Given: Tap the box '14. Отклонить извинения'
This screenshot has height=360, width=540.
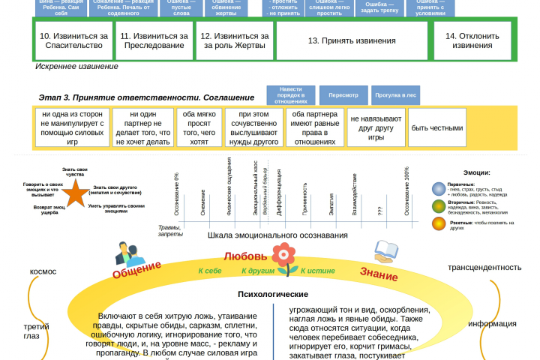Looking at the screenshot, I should pos(472,40).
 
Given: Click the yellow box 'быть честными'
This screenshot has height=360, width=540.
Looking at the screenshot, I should pos(436,127).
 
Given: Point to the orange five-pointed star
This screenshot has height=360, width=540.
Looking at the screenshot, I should pos(75,194).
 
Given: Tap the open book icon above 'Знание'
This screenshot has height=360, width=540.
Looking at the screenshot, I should pos(385,251).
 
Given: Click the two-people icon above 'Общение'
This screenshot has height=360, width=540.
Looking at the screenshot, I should pos(125,253).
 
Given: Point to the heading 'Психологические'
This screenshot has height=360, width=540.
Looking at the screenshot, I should pos(273,294).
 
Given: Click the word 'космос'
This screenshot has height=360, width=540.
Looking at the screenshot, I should pos(42,271).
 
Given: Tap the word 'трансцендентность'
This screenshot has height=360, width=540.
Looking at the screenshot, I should pos(484,267).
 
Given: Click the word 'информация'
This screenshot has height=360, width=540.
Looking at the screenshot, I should pos(492,323).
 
